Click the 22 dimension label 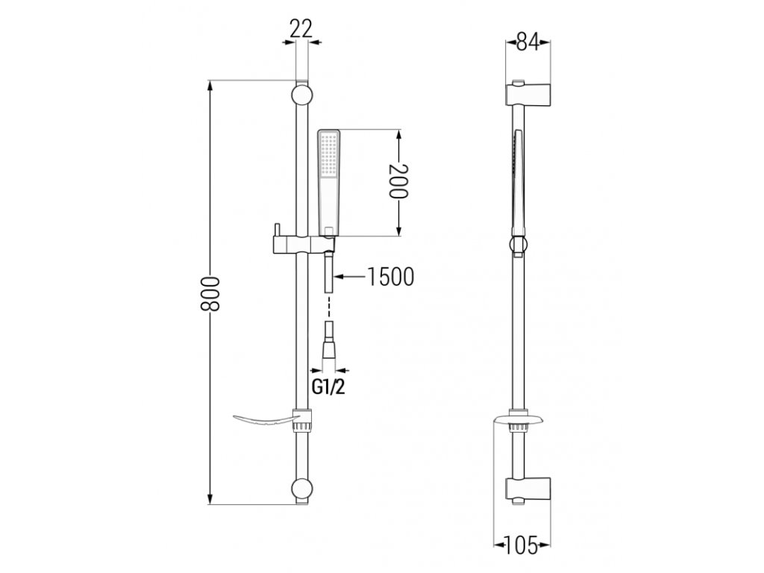(301, 29)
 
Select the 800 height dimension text (211, 294)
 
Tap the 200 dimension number (398, 181)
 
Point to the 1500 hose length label (389, 277)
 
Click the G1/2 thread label (328, 387)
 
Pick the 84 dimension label (527, 43)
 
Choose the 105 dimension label (522, 545)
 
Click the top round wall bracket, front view (302, 95)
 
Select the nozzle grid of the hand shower (329, 155)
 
